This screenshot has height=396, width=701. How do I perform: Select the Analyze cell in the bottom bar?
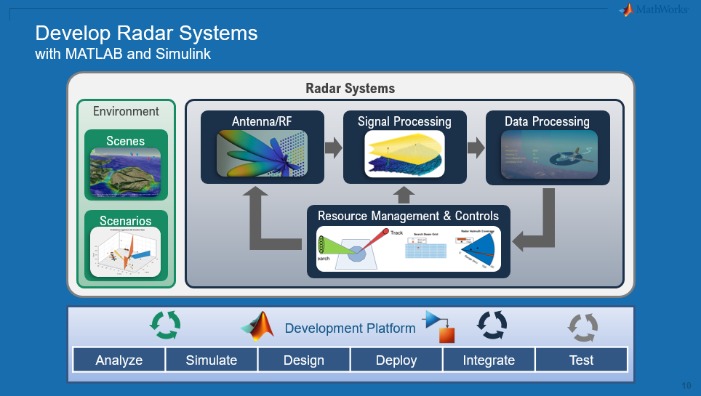point(119,360)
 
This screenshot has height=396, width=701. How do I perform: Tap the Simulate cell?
point(212,360)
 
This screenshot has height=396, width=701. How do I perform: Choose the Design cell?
point(304,360)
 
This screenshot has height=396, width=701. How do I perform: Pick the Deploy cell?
point(396,360)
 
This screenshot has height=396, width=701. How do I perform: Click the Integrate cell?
point(489,360)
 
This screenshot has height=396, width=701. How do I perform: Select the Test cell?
point(581,360)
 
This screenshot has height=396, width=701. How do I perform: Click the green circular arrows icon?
point(165,326)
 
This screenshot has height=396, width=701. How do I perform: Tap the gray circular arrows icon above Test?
point(582,327)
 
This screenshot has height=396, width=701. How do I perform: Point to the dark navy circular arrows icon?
point(492,326)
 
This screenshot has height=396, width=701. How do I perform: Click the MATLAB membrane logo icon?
point(258,327)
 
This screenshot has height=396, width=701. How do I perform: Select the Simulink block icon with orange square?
point(440,326)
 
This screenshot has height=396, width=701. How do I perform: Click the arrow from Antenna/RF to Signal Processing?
point(333,148)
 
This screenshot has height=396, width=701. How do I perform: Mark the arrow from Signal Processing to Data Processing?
point(476,148)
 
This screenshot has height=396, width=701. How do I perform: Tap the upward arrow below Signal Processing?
point(404,194)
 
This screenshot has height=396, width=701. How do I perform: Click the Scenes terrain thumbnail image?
point(127,171)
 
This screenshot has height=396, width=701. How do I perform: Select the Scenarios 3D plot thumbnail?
point(126,251)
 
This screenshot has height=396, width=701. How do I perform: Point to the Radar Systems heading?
point(350,89)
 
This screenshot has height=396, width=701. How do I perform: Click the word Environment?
point(126,111)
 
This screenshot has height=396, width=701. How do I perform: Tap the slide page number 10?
point(686,385)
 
